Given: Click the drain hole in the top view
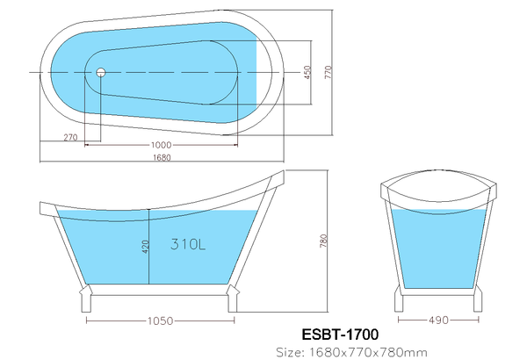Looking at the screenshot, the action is (x=101, y=72).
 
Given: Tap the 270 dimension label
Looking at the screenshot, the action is (x=70, y=137).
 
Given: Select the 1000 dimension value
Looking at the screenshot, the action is (x=161, y=145).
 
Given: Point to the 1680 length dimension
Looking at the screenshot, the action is (x=162, y=157).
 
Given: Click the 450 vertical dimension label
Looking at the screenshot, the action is (x=307, y=73).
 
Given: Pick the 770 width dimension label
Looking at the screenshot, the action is (x=328, y=72).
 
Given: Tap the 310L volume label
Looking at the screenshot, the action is (x=188, y=244).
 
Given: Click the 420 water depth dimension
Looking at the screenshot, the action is (x=145, y=247).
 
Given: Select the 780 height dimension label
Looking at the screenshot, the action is (x=323, y=241).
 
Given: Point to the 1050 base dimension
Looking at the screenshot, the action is (x=161, y=321).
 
